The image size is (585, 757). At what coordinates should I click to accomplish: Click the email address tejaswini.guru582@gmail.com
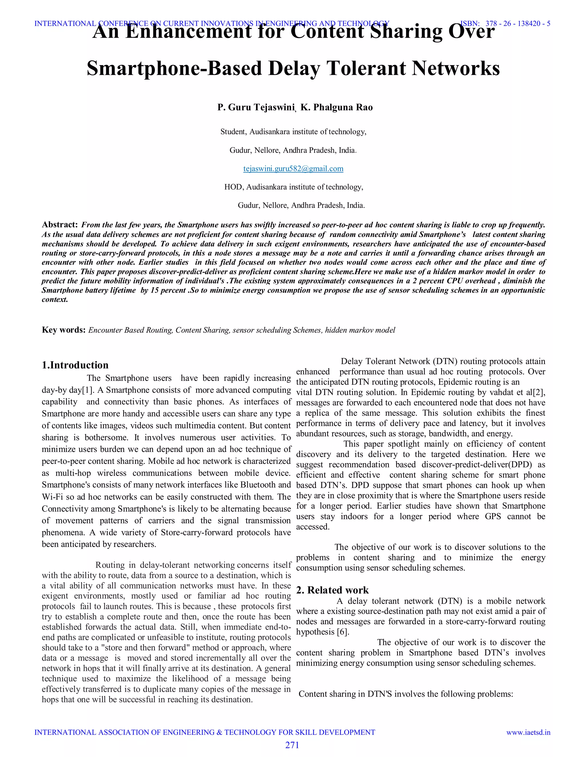[x=293, y=169]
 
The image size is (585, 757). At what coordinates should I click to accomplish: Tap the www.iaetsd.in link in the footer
[x=528, y=732]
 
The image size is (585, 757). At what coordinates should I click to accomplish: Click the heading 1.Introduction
[x=75, y=365]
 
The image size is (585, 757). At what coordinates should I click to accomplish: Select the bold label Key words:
[x=64, y=330]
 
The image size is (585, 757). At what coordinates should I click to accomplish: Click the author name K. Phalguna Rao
[x=336, y=107]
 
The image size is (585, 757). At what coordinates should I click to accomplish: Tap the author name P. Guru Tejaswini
[x=256, y=107]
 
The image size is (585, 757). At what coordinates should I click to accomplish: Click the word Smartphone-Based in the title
[x=174, y=68]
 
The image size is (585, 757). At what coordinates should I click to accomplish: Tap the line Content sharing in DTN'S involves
[x=406, y=694]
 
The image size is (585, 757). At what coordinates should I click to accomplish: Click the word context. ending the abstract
[x=55, y=299]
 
